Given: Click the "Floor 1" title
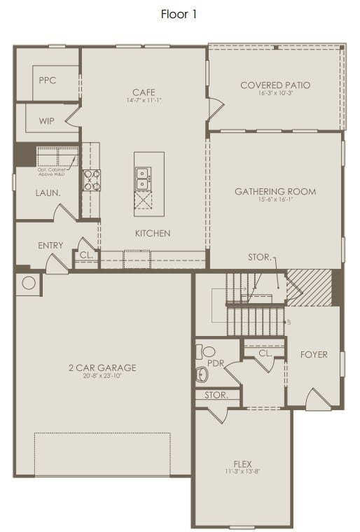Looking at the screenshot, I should point(179,13).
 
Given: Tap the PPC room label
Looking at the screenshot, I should point(48,80).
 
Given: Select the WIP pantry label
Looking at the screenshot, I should point(47,121).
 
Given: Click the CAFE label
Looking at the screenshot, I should point(144,92).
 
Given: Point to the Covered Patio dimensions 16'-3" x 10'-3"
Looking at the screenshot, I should point(275,94).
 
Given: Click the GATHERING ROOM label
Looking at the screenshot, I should point(275,191).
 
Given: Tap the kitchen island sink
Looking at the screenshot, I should point(143,178).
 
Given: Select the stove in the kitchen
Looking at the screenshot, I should point(92,181).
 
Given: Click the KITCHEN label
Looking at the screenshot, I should point(153,233).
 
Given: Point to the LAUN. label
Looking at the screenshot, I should point(48,192).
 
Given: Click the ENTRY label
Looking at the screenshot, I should point(50,246).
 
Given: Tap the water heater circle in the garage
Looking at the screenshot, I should point(29,283).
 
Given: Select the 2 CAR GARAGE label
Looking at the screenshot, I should point(103,367).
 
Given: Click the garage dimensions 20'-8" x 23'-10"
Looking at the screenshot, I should point(103,376).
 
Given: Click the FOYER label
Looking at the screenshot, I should point(314,355).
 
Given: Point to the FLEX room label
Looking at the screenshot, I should point(243,463).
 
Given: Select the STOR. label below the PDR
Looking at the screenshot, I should point(216,395).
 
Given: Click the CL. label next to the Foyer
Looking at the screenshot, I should point(265,353).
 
